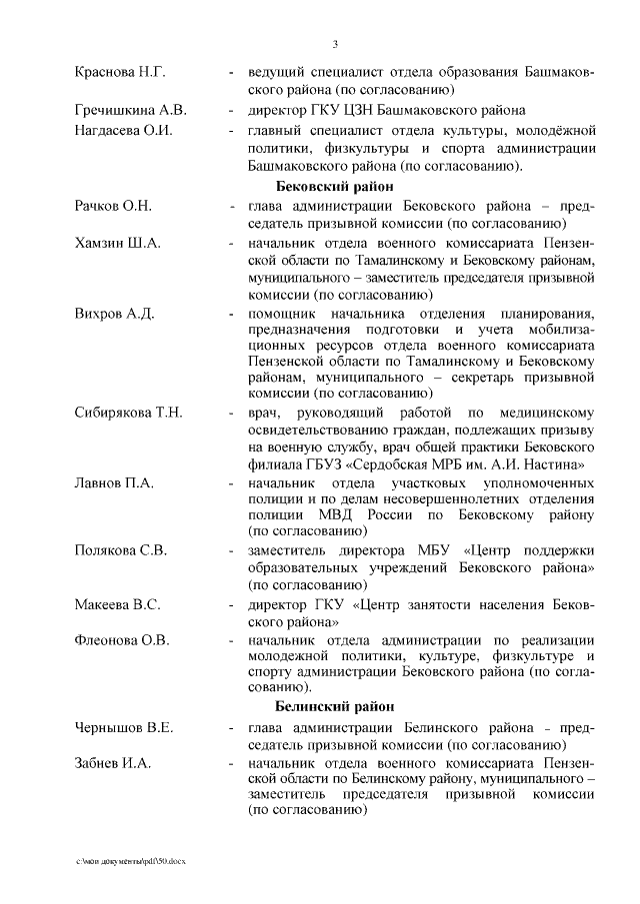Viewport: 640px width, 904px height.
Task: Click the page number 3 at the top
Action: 335,44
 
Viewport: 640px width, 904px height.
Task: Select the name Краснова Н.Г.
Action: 119,73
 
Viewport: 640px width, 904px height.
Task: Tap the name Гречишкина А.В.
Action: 130,110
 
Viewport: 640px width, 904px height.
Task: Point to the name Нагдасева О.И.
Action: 124,130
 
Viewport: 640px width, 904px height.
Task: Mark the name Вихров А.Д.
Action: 114,314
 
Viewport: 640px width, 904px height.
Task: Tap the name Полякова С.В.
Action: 120,550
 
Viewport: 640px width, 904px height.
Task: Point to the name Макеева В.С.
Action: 117,605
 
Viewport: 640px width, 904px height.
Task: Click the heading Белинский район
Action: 336,706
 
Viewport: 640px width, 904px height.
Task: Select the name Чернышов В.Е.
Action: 124,727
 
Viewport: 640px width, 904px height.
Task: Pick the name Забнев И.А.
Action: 112,763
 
